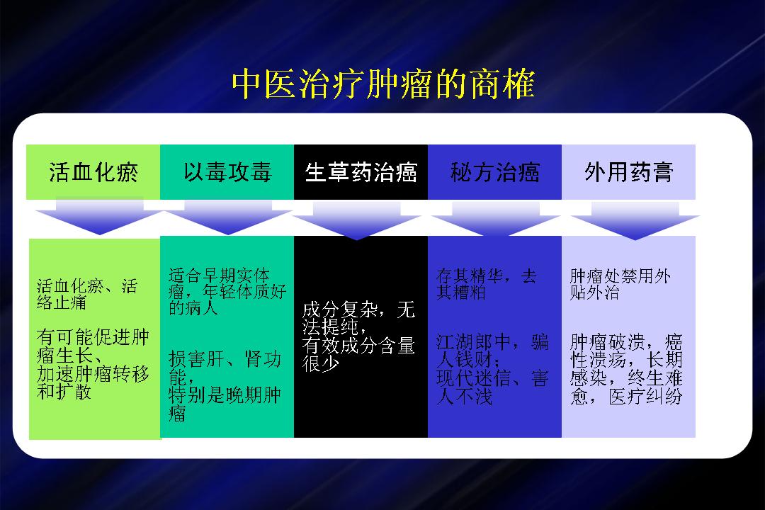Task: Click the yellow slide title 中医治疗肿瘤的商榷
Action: [383, 84]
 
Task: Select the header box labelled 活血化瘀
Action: [93, 172]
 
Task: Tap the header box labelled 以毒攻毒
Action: [227, 172]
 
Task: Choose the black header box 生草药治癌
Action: [361, 172]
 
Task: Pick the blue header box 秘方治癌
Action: [494, 172]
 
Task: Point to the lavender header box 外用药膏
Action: [628, 172]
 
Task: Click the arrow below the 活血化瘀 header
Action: [100, 216]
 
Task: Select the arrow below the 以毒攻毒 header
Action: [228, 216]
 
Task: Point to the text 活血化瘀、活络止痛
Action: [87, 294]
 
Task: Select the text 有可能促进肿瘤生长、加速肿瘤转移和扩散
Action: [93, 364]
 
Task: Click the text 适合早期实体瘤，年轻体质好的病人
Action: [227, 291]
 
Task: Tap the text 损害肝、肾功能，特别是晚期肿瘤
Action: [225, 385]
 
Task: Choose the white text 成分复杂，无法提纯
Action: [358, 318]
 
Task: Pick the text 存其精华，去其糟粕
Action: [487, 283]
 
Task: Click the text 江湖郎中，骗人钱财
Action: [492, 351]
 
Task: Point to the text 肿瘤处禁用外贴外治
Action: [620, 283]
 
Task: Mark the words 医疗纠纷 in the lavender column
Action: [645, 396]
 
